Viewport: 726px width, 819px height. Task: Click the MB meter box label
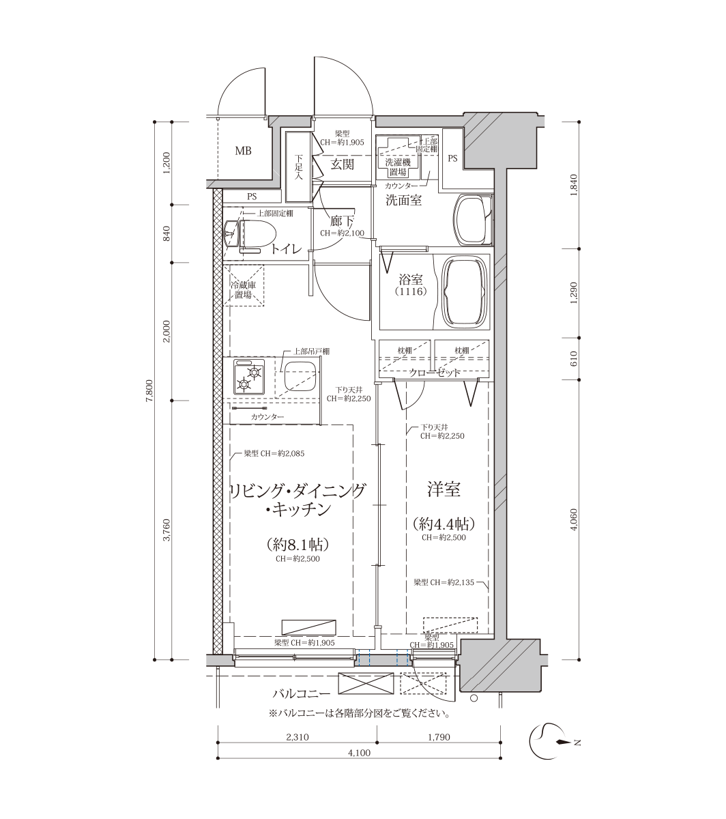(x=244, y=152)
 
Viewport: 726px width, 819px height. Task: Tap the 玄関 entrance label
(x=343, y=164)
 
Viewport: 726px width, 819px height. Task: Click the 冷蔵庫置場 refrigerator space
(x=244, y=285)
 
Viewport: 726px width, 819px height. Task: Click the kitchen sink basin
(x=299, y=376)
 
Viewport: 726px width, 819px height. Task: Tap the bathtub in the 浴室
(x=464, y=289)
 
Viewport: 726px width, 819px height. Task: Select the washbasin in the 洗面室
(x=473, y=220)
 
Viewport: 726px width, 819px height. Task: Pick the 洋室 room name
(x=444, y=489)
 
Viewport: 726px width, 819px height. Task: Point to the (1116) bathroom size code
(x=411, y=291)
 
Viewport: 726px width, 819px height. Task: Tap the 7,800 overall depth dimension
(x=149, y=390)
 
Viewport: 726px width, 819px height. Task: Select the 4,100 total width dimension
(x=359, y=753)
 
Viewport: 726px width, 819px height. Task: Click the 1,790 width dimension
(x=439, y=737)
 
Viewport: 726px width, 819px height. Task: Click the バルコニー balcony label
(x=301, y=693)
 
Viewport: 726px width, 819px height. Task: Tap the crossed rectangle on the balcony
(x=366, y=684)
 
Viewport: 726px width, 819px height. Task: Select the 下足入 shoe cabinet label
(x=299, y=167)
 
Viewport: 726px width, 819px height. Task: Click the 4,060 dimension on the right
(x=575, y=519)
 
